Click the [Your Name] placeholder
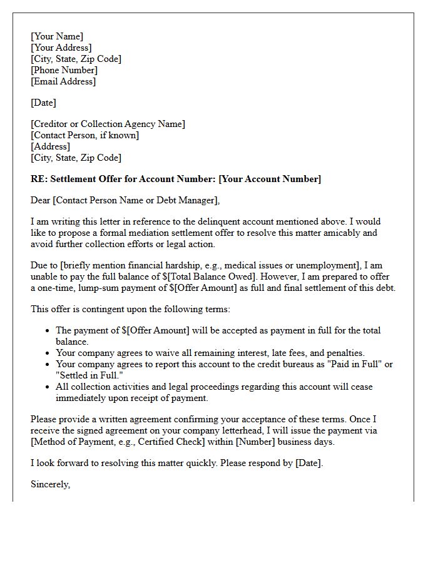tap(57, 36)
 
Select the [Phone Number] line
tap(64, 70)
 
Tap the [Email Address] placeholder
tap(63, 81)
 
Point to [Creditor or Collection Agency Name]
tap(108, 124)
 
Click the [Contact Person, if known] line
tap(84, 135)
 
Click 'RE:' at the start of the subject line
tap(39, 179)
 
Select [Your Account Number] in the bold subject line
tap(269, 179)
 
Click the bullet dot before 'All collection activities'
tap(48, 387)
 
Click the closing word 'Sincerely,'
tap(50, 484)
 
